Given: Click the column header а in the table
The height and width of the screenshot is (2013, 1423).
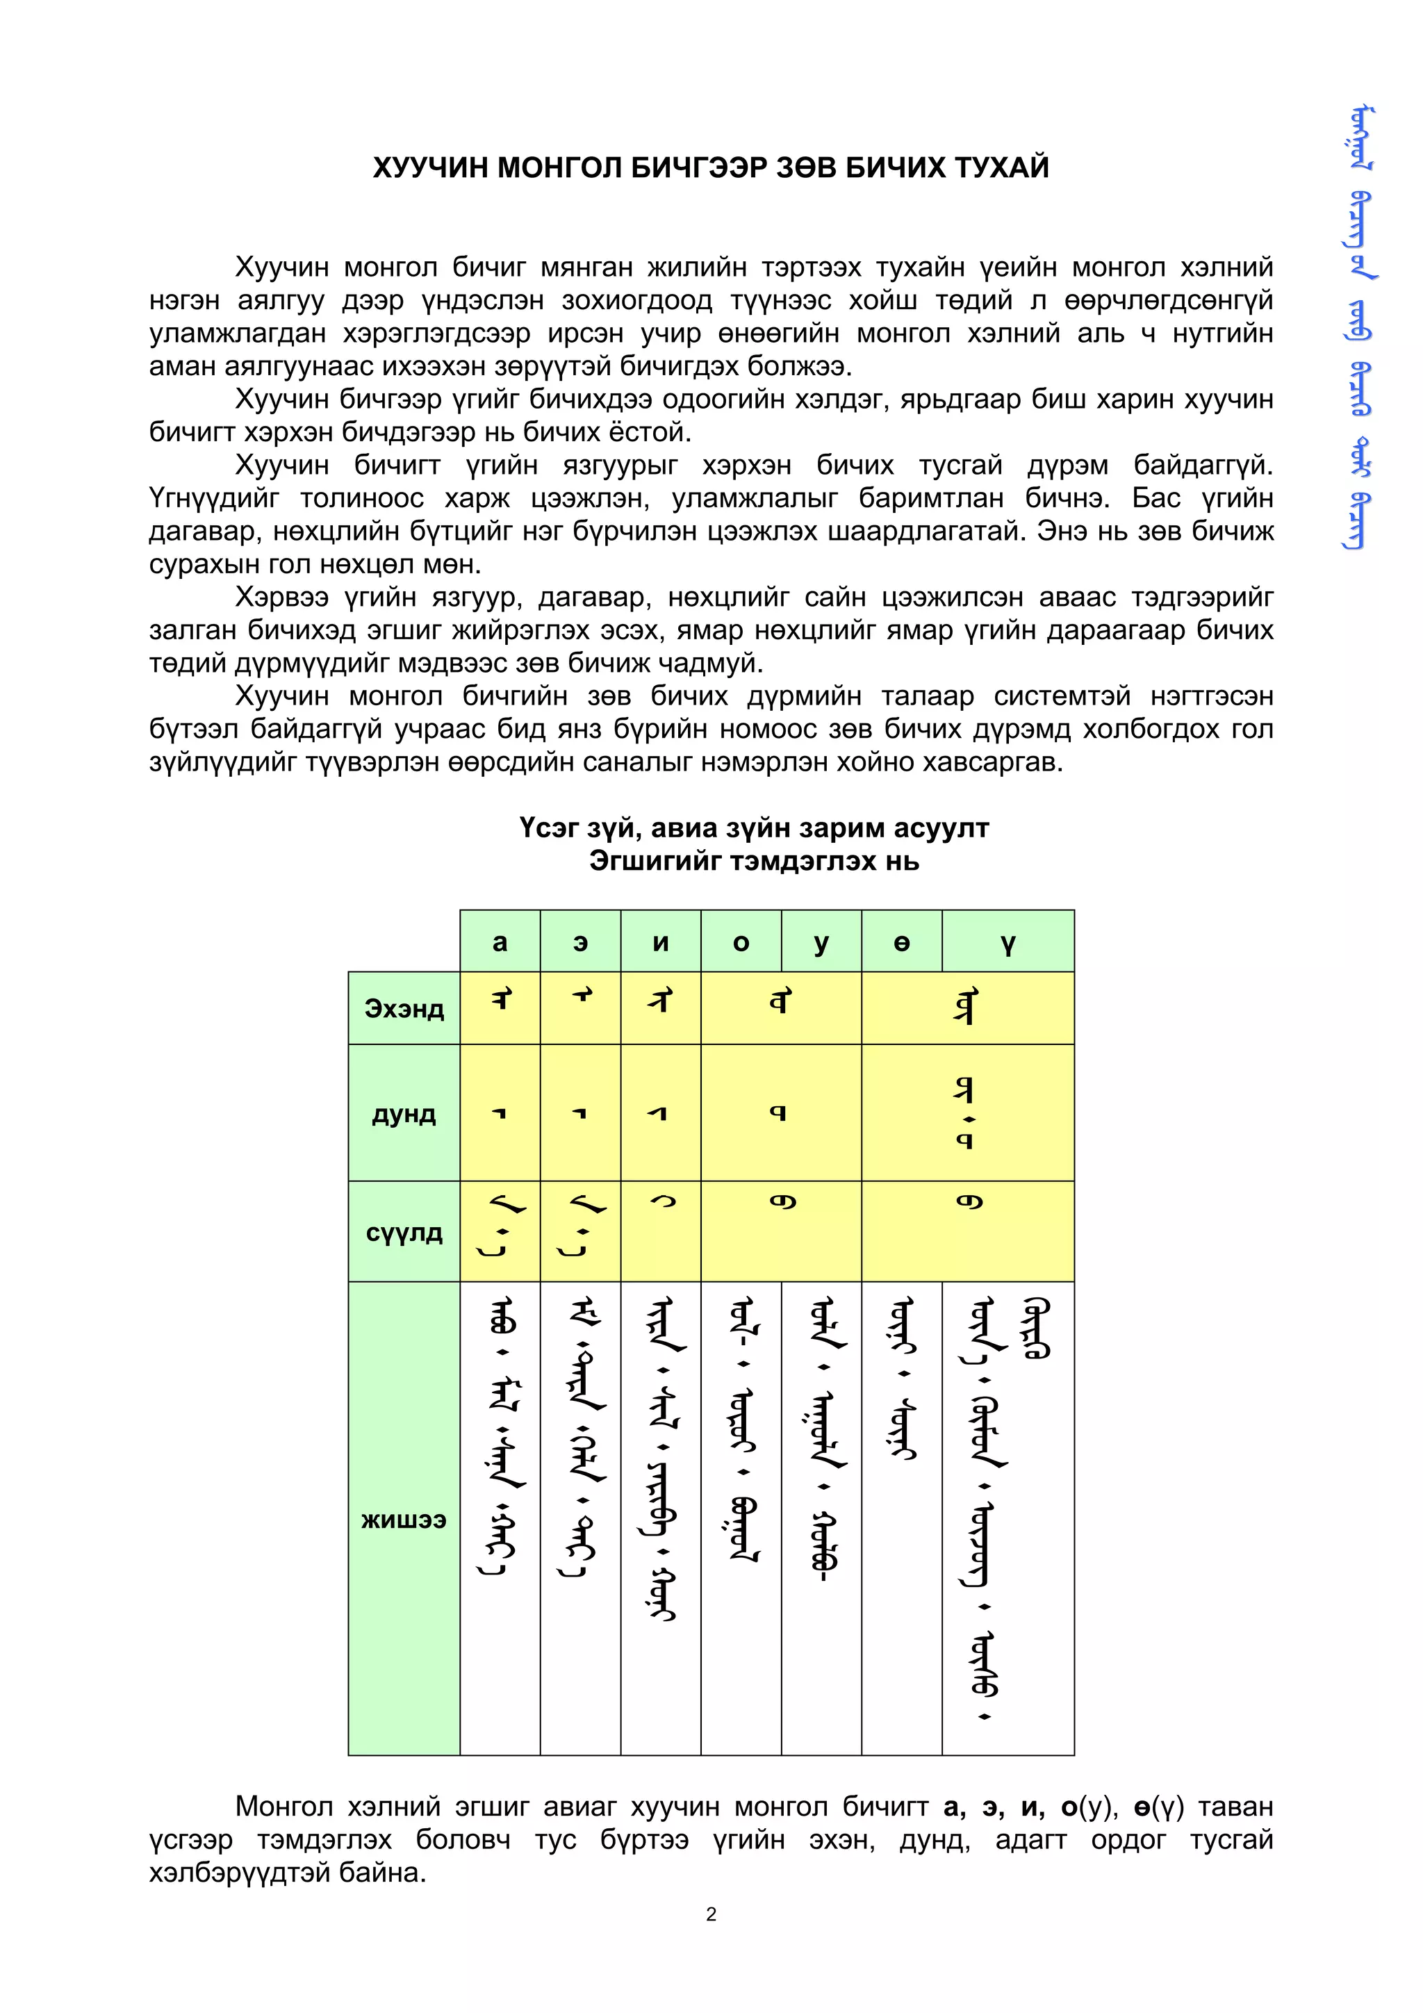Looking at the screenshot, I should click(500, 942).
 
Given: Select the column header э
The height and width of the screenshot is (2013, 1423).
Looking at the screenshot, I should click(580, 942).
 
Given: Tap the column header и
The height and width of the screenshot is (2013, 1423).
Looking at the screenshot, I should click(660, 942).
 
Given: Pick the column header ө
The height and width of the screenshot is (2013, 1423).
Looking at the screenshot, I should click(901, 942).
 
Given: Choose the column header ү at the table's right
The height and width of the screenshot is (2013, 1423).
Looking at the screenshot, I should click(1007, 942).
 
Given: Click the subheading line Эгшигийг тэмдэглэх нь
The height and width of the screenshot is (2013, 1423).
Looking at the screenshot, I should click(754, 861).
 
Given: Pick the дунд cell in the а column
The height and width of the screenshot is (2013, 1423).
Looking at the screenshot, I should click(500, 1113).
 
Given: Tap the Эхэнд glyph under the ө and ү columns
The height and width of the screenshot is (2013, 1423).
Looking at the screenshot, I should click(965, 1006).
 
